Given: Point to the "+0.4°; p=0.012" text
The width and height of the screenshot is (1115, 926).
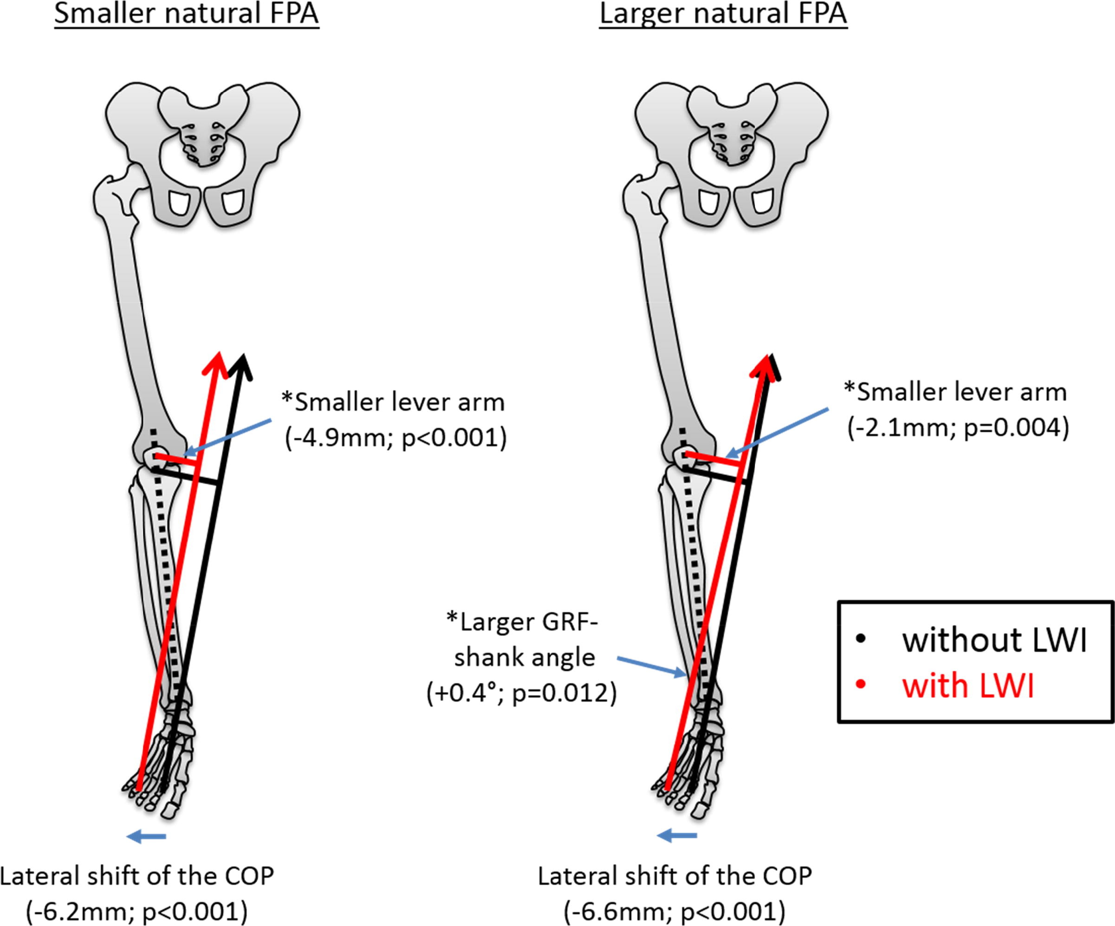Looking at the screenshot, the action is [x=522, y=693].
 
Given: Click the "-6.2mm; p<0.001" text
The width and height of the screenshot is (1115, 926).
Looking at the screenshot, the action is [x=137, y=911].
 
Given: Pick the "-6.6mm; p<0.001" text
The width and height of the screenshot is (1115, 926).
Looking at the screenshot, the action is [x=674, y=911].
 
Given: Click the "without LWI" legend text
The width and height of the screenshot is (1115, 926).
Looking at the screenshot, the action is [x=994, y=639].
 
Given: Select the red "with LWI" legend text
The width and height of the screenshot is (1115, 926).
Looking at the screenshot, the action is [x=968, y=686].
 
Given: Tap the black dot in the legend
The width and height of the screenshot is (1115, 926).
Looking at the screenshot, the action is [x=861, y=639].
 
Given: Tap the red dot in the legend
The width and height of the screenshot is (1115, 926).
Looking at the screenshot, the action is [x=861, y=685].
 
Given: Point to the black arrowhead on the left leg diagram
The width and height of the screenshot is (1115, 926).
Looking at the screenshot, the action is [x=241, y=366].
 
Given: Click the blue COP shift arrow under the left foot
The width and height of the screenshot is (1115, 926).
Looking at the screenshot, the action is [x=147, y=837].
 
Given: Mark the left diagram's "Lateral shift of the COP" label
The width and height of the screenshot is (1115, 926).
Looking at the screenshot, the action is [x=137, y=876].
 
